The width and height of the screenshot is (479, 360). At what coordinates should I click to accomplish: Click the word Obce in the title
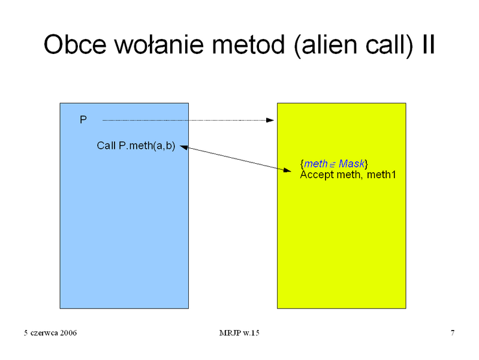point(75,44)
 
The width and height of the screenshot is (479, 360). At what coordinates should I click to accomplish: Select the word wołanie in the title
point(159,44)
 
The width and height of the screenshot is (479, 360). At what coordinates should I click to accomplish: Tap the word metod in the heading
point(248,44)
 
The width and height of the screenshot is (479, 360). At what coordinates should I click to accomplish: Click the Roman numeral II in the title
point(429,44)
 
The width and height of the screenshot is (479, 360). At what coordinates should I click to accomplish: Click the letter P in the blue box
point(83,119)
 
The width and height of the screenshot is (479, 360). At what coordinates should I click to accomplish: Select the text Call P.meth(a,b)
point(136,146)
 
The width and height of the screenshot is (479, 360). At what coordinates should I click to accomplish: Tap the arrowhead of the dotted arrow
point(270,120)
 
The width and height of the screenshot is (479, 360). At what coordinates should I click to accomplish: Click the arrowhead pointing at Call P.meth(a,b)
point(183,148)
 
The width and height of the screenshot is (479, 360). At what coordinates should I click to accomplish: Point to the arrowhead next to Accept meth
point(287,170)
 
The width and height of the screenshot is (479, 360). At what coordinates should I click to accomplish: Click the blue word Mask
point(351,164)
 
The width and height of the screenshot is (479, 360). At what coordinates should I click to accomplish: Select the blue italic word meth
point(316,164)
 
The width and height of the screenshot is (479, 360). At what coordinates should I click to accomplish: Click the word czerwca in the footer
point(44,333)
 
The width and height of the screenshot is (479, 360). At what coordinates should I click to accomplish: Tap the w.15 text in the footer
point(251,333)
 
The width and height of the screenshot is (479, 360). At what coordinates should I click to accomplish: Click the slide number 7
point(453,333)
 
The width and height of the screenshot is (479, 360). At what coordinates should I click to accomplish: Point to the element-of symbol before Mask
point(333,165)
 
